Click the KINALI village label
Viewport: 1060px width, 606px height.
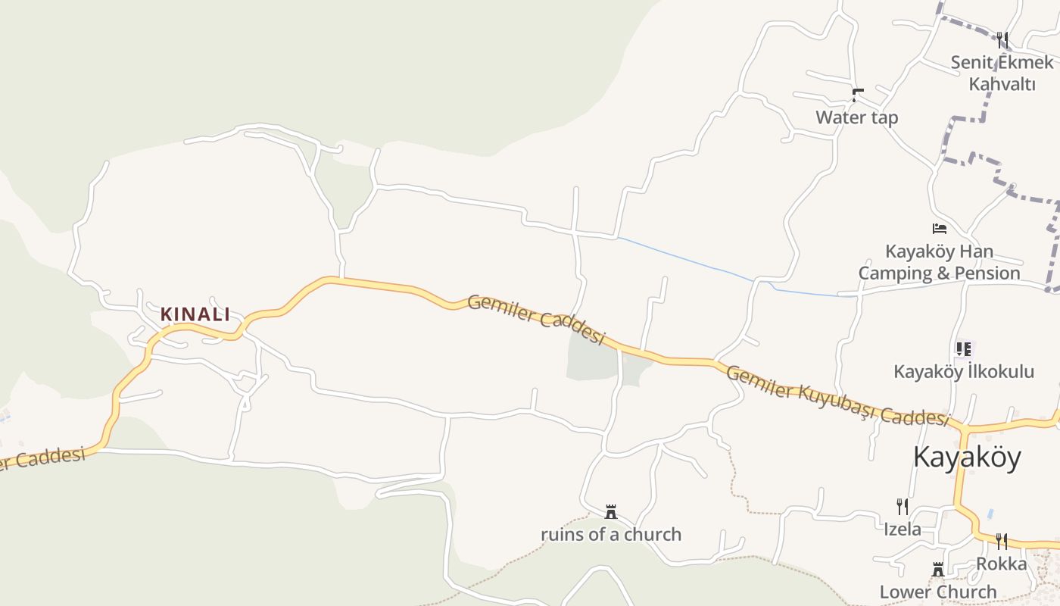tap(195, 314)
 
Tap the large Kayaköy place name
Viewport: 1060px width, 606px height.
tap(967, 457)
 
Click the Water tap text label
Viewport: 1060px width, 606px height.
tap(856, 117)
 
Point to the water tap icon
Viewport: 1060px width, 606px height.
tap(858, 95)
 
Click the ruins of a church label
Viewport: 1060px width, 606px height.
tap(611, 534)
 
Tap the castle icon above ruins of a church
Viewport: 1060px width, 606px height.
tap(611, 512)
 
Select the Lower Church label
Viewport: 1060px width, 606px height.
tap(938, 592)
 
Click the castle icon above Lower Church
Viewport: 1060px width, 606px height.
tap(938, 569)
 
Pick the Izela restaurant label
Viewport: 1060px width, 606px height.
tap(903, 529)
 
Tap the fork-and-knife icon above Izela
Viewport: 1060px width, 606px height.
tap(903, 507)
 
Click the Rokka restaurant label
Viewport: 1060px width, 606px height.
tap(1001, 564)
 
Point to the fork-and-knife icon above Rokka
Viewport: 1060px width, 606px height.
tap(1001, 541)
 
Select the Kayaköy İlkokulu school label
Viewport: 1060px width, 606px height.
tap(963, 371)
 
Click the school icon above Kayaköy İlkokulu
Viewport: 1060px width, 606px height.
tap(963, 349)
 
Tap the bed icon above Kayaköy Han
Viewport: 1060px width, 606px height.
tap(940, 228)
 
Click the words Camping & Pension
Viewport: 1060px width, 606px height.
tap(939, 273)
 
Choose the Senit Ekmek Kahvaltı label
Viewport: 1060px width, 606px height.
tap(1002, 73)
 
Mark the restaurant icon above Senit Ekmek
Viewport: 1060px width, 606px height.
tap(1002, 39)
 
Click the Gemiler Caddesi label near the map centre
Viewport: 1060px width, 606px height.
tap(536, 319)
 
